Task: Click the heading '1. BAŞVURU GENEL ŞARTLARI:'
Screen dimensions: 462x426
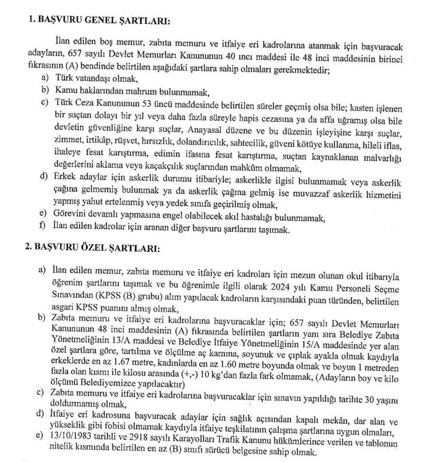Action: point(99,20)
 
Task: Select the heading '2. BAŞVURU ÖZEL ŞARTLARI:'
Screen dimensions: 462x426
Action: point(92,248)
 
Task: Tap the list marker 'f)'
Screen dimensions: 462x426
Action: point(43,226)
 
